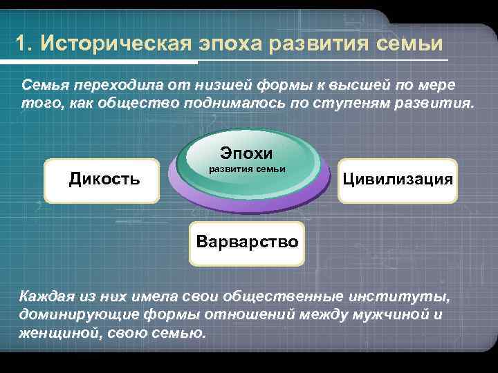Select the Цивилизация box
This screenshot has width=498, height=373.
click(x=397, y=180)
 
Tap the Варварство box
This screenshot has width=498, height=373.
click(x=247, y=242)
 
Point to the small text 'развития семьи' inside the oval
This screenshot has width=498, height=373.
click(x=247, y=170)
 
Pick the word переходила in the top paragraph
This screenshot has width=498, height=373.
click(x=111, y=85)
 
